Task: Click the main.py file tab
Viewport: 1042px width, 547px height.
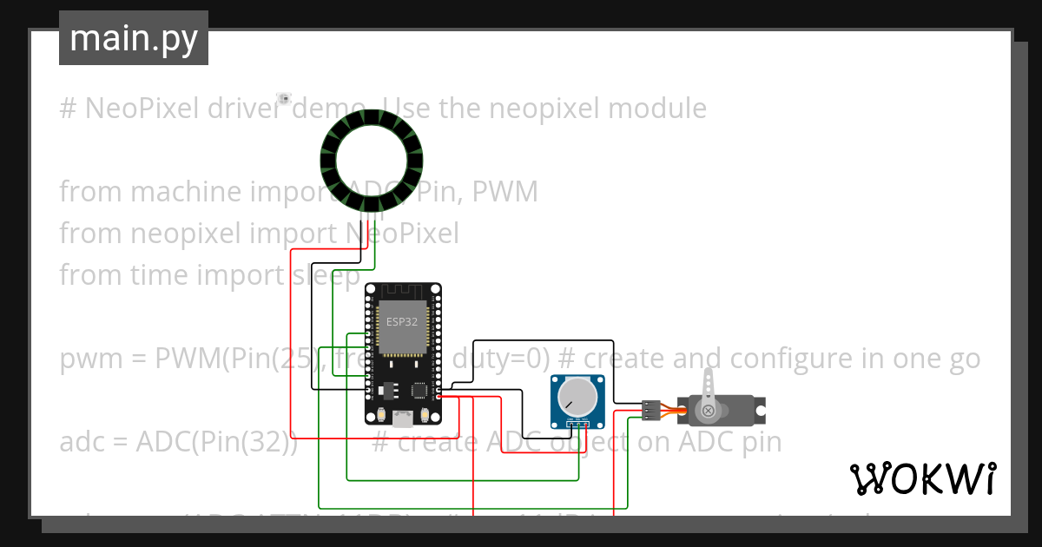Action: [x=133, y=38]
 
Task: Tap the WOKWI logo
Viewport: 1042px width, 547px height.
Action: [x=921, y=478]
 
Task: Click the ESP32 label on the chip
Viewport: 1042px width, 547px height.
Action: [x=401, y=322]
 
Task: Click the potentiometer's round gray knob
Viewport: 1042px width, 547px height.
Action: [x=577, y=398]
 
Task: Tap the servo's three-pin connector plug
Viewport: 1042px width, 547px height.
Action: [x=651, y=408]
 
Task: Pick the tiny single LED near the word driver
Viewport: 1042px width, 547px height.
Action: [x=283, y=99]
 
